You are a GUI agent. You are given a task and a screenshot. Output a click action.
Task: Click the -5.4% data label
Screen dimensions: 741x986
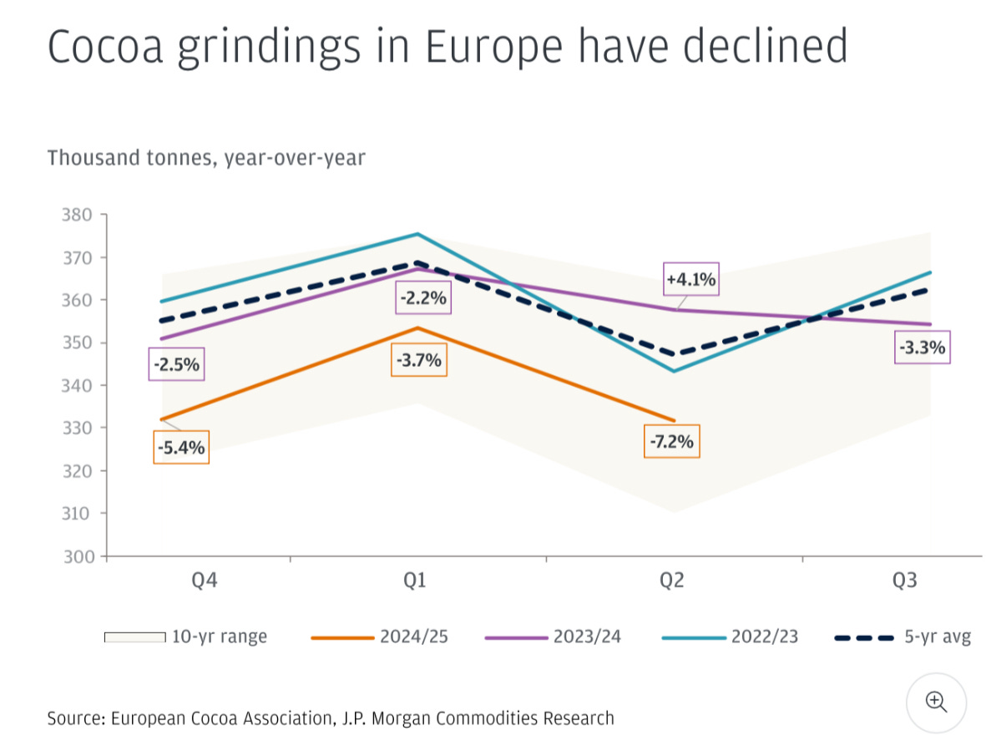[181, 448]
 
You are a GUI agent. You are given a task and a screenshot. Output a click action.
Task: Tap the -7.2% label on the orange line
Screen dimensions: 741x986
[672, 441]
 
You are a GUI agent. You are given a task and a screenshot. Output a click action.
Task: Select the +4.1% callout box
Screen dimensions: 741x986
[690, 280]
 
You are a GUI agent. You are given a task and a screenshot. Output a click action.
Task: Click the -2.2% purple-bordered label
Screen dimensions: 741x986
[422, 297]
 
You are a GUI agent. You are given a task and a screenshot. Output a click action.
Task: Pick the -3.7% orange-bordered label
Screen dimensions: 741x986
[418, 362]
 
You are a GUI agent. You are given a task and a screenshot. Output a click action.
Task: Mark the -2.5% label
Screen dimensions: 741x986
[176, 365]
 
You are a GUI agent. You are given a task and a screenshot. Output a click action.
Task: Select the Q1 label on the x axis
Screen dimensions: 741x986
[415, 581]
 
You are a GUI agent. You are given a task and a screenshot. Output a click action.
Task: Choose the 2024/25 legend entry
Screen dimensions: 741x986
[413, 637]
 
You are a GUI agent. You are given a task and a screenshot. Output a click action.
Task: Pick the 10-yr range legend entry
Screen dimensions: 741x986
[219, 637]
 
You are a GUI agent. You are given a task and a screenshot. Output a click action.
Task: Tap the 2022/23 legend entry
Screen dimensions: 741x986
[764, 637]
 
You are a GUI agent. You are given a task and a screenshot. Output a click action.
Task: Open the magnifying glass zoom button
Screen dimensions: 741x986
[936, 701]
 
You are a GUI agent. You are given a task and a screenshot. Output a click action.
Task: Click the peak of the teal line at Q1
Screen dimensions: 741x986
[416, 234]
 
